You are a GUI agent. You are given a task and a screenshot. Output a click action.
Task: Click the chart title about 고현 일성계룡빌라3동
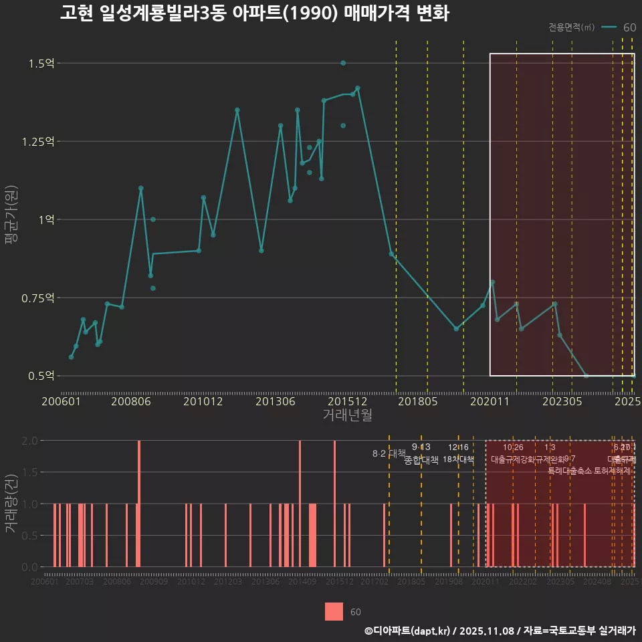pyautogui.click(x=254, y=13)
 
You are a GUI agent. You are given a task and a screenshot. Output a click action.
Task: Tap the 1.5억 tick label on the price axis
pyautogui.click(x=41, y=64)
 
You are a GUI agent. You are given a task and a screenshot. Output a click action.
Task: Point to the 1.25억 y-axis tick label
pyautogui.click(x=39, y=142)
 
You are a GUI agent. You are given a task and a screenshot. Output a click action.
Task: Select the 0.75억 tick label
pyautogui.click(x=39, y=298)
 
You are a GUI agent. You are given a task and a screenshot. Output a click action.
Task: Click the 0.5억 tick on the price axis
pyautogui.click(x=41, y=376)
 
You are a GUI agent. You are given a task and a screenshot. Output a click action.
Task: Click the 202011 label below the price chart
pyautogui.click(x=491, y=402)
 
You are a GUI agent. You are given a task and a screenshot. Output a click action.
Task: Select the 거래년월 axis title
pyautogui.click(x=347, y=415)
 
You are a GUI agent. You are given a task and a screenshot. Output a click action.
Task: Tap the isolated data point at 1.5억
pyautogui.click(x=343, y=63)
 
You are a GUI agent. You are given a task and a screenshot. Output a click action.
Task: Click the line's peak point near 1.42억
pyautogui.click(x=358, y=88)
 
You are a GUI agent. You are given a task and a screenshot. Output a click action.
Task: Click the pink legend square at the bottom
pyautogui.click(x=334, y=612)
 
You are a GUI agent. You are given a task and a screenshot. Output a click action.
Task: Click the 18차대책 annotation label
pyautogui.click(x=458, y=459)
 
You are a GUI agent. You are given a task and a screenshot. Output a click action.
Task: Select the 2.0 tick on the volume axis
pyautogui.click(x=29, y=441)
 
